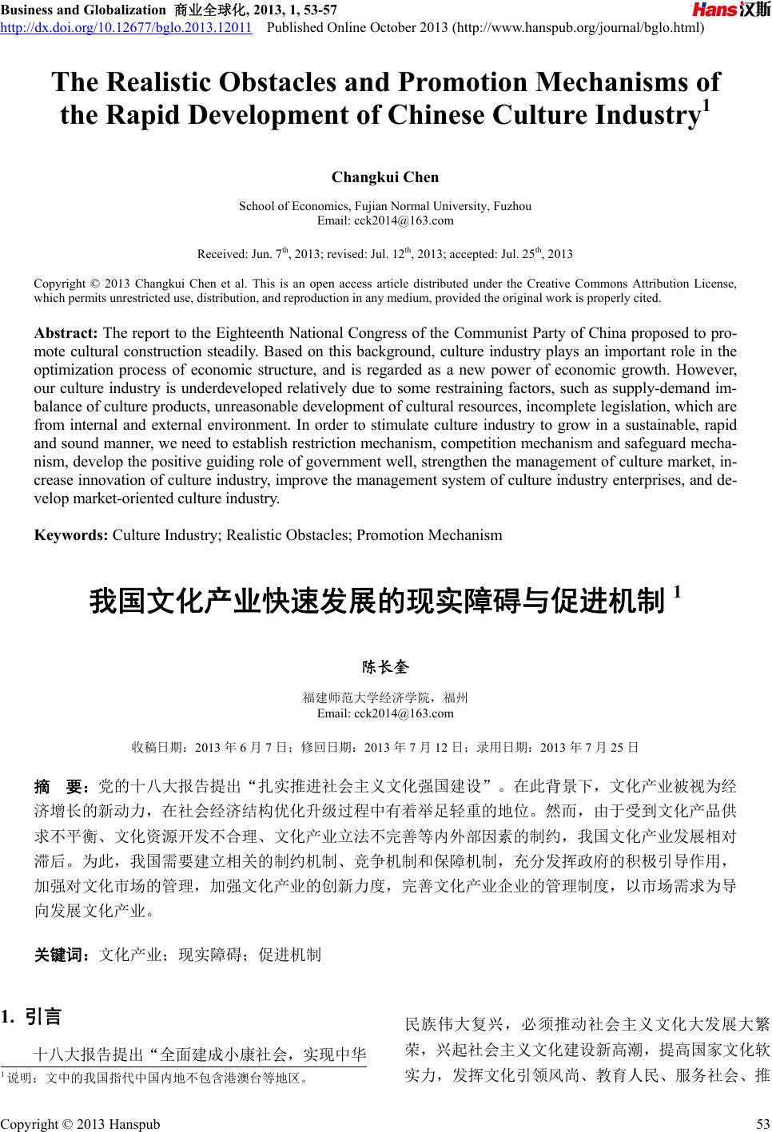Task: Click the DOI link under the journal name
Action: [x=127, y=29]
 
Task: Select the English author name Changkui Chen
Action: [x=385, y=177]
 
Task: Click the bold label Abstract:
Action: [x=66, y=333]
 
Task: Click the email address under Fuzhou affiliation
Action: [x=385, y=220]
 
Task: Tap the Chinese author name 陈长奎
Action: [x=385, y=666]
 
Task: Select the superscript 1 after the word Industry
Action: [x=706, y=107]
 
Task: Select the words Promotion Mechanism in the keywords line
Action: [x=429, y=535]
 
